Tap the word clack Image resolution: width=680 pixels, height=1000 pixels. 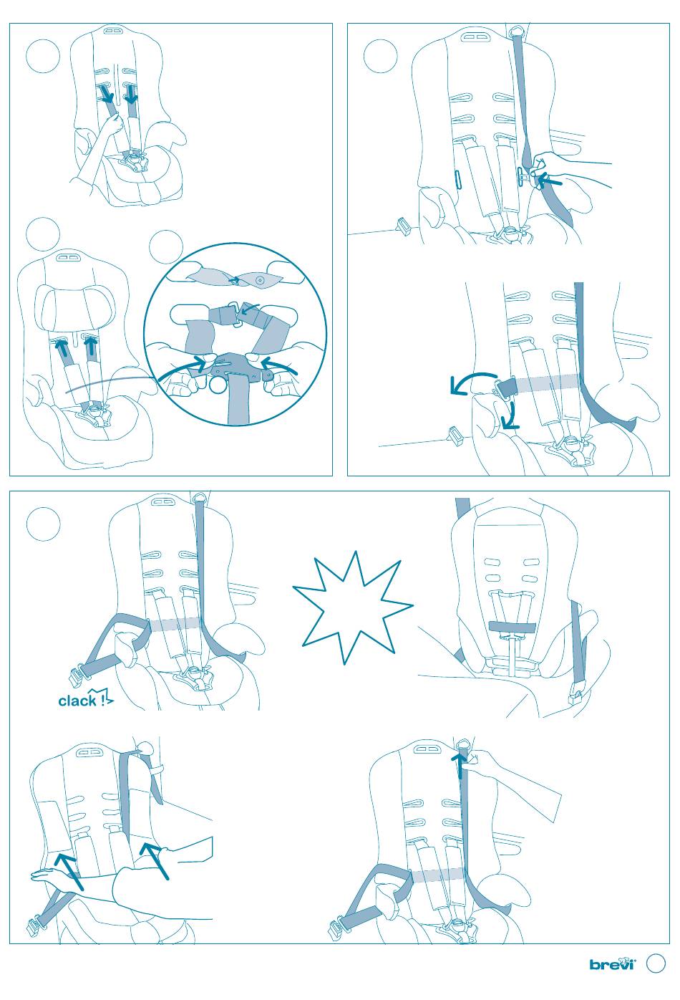click(x=77, y=701)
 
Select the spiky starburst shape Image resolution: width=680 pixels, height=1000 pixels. click(x=352, y=608)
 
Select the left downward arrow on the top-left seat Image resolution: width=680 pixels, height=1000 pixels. click(x=107, y=94)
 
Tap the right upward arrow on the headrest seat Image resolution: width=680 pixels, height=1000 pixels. click(x=91, y=347)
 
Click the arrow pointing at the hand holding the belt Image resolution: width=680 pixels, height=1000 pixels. click(x=550, y=181)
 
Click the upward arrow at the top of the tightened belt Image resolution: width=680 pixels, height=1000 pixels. click(x=460, y=765)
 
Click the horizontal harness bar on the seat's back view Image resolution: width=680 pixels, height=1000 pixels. click(x=513, y=626)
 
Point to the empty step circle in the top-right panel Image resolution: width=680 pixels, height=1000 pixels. click(x=380, y=57)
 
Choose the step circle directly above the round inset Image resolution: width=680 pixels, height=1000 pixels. click(x=165, y=247)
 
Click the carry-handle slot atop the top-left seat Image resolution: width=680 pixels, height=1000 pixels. click(x=113, y=32)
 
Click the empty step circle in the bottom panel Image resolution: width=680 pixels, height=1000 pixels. click(x=43, y=524)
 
